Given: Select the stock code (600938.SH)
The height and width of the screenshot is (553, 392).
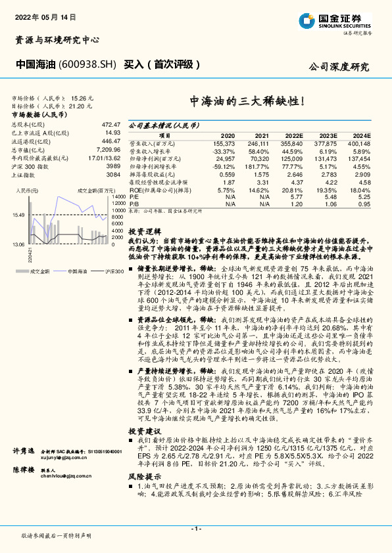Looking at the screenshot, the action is tap(87, 65).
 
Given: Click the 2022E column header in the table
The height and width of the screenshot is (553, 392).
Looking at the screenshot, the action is tap(293, 135).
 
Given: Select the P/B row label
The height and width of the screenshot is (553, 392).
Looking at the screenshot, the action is tap(134, 203).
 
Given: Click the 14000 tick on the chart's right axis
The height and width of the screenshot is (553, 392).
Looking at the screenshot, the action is tap(118, 197).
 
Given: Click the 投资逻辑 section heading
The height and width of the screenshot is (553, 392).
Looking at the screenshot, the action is tap(144, 232).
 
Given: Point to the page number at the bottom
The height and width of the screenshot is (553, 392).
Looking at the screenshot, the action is tap(196, 529).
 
